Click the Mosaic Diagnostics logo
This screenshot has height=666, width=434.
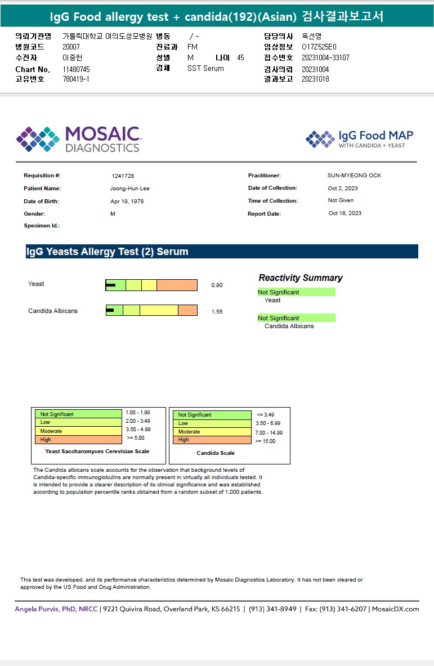(x=78, y=139)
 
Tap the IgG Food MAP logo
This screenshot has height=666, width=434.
(x=359, y=139)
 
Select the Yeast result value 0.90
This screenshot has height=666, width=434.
(x=217, y=285)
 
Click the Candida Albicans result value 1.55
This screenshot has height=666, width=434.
(x=217, y=311)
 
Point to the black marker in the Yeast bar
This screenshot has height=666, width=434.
(x=111, y=285)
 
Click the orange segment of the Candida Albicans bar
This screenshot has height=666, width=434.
(x=187, y=310)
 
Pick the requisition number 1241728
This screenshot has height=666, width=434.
(x=123, y=176)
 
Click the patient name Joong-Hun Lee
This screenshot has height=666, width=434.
(x=129, y=189)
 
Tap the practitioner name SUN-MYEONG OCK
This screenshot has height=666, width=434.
(x=354, y=176)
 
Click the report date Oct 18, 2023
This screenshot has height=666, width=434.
(x=345, y=213)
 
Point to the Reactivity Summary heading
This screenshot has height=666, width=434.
(x=300, y=278)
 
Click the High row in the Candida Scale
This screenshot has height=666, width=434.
(x=212, y=440)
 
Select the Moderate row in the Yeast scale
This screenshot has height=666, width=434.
(x=78, y=431)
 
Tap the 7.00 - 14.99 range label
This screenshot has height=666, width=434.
(x=269, y=433)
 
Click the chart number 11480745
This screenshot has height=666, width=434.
(x=76, y=69)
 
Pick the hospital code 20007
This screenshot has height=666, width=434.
(x=71, y=47)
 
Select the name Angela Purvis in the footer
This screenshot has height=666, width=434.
(x=39, y=609)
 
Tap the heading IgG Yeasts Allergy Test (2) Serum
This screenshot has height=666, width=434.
(x=107, y=252)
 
